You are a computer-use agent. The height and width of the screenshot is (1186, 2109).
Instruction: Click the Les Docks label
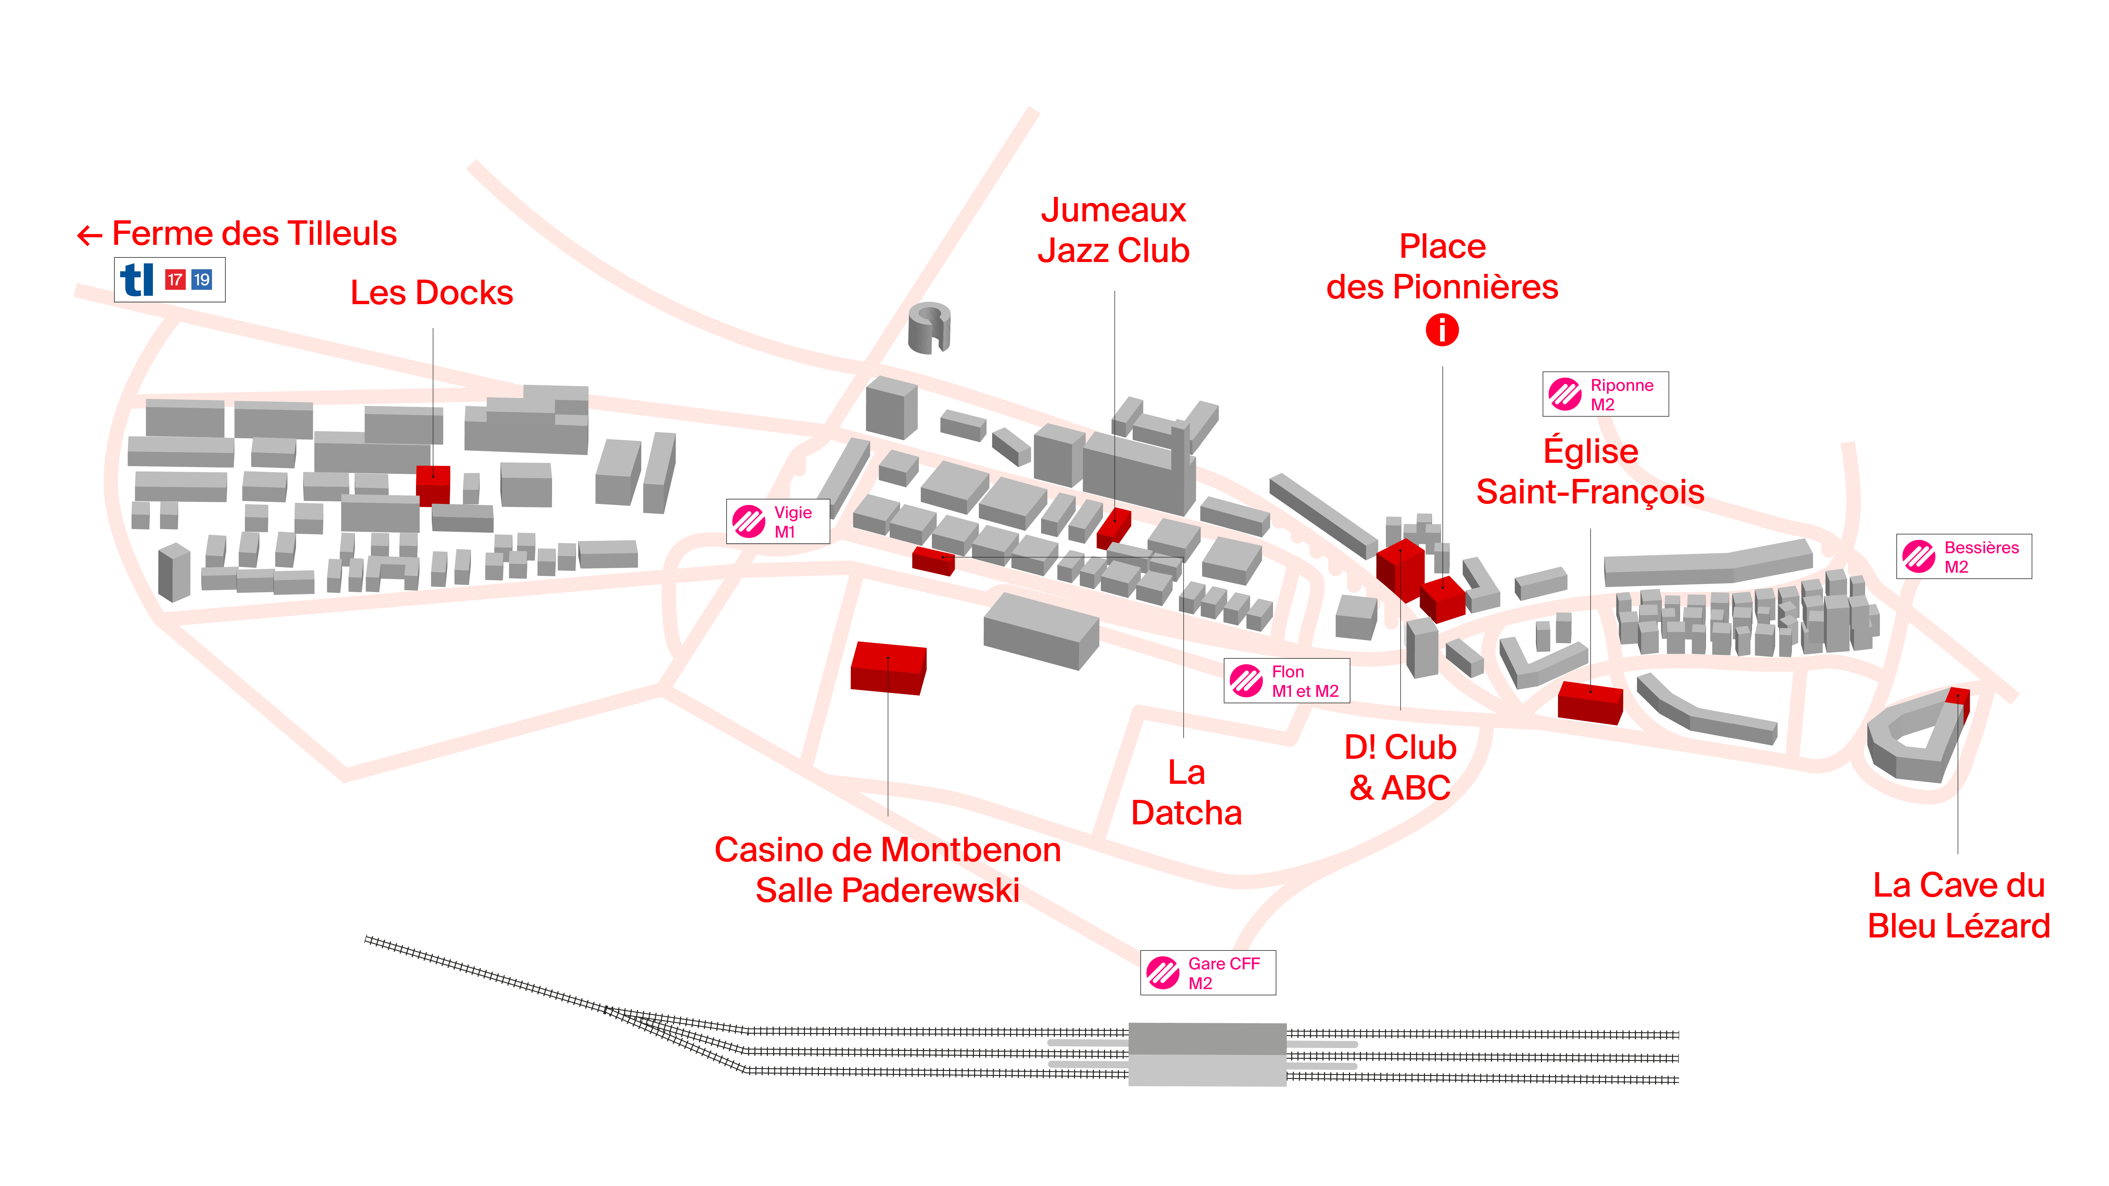tap(432, 293)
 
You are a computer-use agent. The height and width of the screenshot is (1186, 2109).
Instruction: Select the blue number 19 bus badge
tap(201, 280)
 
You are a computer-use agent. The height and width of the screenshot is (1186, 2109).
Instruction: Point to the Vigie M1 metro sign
tap(778, 521)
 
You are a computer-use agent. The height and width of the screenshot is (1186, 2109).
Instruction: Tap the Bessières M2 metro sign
tap(1963, 557)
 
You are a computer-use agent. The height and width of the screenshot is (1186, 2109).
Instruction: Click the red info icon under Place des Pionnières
tap(1442, 330)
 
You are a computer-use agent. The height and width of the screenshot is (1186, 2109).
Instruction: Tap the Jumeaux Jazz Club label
tap(1114, 231)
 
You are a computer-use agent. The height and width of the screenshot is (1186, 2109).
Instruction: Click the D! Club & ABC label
tap(1400, 768)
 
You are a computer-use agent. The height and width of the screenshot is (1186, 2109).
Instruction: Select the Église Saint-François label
tap(1590, 472)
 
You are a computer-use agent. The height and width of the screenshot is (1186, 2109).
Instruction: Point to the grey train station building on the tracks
tap(1207, 1053)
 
